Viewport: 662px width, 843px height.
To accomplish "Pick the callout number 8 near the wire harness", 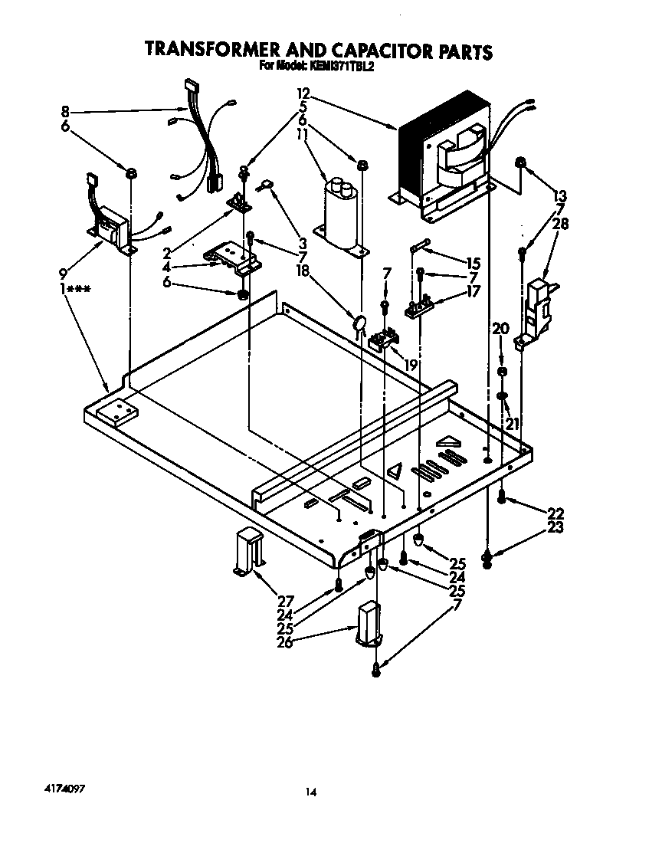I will tap(65, 112).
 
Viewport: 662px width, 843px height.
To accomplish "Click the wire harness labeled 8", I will tap(201, 138).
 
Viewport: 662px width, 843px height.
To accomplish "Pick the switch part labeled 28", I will tap(539, 307).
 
